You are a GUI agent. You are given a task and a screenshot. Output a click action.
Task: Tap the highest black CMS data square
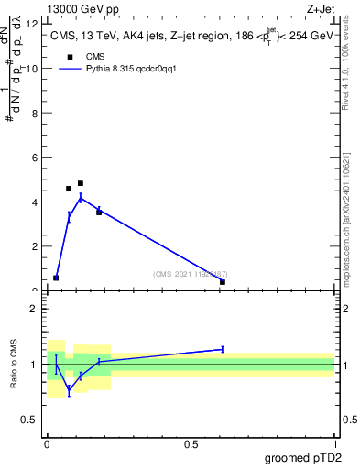(x=81, y=183)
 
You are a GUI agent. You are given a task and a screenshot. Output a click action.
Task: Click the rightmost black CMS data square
(x=223, y=282)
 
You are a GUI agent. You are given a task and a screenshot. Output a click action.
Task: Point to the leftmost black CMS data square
(x=56, y=278)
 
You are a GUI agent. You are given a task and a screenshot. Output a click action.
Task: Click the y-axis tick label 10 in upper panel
(x=34, y=69)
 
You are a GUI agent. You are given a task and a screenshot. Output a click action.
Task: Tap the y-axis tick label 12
(x=34, y=25)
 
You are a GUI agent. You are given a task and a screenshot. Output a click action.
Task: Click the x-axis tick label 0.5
(x=191, y=443)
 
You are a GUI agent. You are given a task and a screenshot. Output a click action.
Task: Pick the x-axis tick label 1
(x=334, y=443)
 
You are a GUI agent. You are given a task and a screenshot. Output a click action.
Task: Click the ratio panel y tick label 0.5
(x=32, y=420)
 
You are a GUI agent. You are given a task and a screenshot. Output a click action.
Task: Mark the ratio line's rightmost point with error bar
(x=223, y=349)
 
